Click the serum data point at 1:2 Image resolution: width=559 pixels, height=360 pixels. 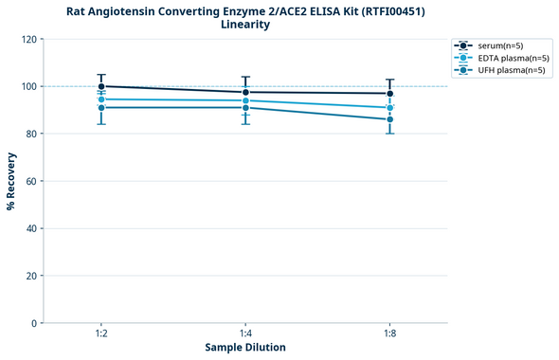click(x=101, y=86)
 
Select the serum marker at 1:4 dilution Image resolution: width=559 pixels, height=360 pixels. click(x=245, y=92)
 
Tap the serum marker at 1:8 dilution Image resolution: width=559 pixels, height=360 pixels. click(x=389, y=93)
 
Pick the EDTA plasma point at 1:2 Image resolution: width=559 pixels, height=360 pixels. click(x=101, y=99)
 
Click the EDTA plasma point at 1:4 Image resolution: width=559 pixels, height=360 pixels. click(x=245, y=100)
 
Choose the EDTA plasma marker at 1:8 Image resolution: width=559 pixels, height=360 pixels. click(x=389, y=108)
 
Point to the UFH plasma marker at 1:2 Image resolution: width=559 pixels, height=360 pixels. click(x=101, y=107)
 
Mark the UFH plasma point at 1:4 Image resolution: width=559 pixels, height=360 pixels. click(x=245, y=107)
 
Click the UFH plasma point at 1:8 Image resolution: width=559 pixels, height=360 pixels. click(x=389, y=119)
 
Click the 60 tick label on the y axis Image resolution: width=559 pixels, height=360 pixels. click(x=31, y=181)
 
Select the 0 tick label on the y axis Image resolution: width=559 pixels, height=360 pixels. click(x=34, y=323)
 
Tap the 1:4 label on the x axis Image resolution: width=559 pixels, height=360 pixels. click(x=245, y=334)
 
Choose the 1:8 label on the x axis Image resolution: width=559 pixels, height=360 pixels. click(x=389, y=334)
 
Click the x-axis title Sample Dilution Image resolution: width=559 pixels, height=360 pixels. click(x=245, y=348)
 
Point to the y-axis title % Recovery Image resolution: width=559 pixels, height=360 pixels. click(x=11, y=180)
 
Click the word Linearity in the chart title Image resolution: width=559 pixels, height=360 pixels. click(x=245, y=25)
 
